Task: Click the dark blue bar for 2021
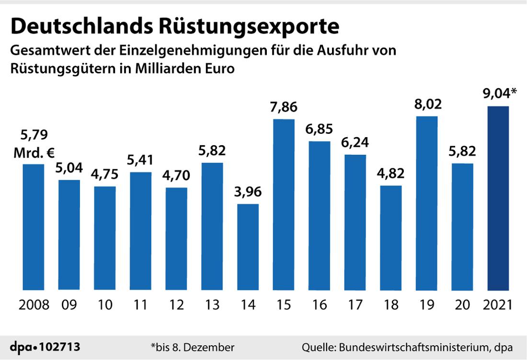[x=498, y=198]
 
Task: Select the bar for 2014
[x=248, y=247]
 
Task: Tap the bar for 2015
[x=284, y=205]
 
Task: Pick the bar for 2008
[x=34, y=227]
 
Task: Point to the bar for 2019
[x=426, y=203]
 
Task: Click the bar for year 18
[x=390, y=238]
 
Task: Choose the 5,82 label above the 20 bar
[x=462, y=151]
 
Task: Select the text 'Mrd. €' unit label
[x=34, y=153]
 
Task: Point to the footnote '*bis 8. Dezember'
[x=193, y=347]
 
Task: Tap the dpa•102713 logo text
[x=46, y=347]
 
